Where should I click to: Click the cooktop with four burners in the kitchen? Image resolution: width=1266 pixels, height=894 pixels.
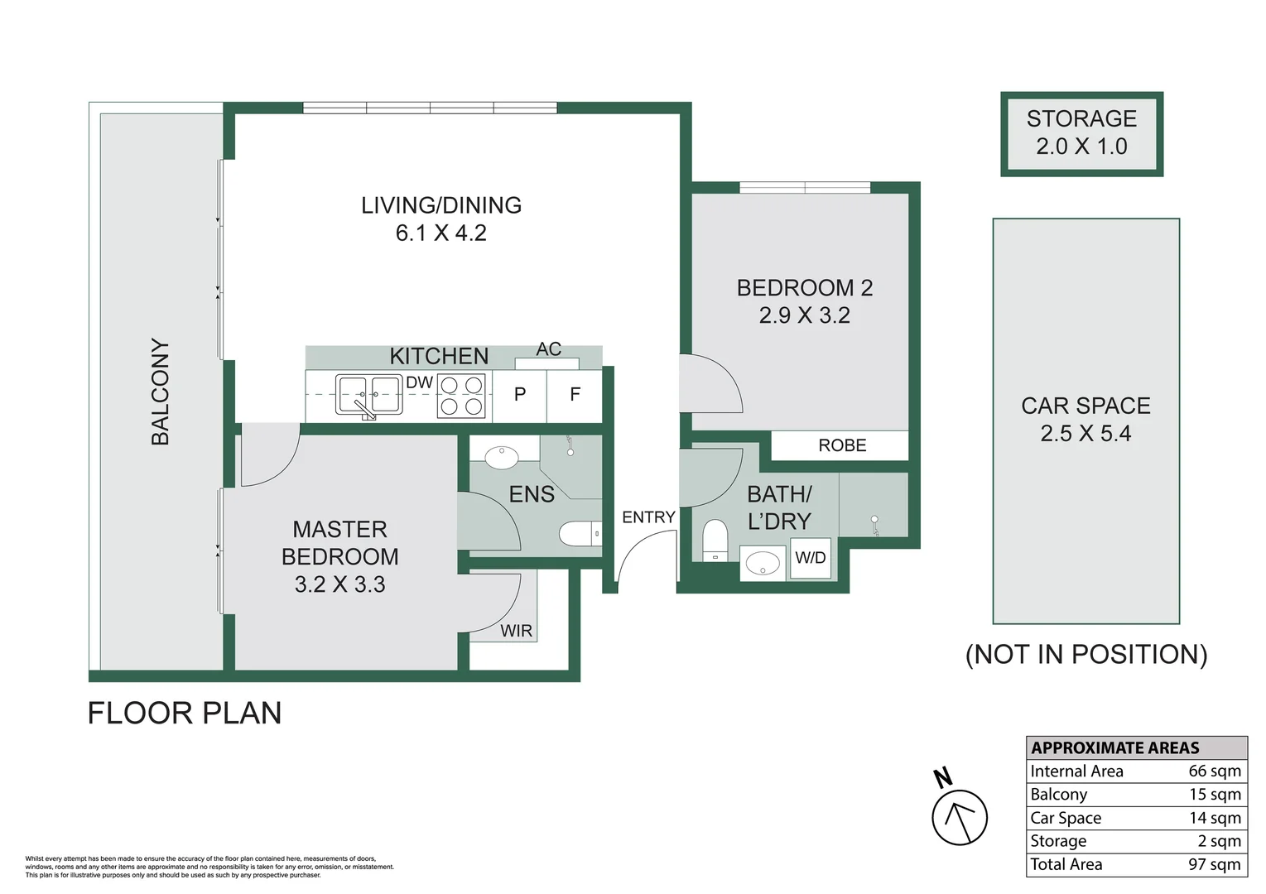click(461, 397)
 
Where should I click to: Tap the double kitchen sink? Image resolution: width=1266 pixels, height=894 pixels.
click(369, 395)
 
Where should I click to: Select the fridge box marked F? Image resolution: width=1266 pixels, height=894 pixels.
click(575, 396)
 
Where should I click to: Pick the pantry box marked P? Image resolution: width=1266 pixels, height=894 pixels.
click(520, 396)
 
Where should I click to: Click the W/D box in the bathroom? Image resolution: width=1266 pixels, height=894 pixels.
click(811, 558)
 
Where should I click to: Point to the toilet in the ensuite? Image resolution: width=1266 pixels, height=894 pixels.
click(580, 533)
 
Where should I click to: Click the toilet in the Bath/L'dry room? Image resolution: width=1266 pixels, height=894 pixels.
click(715, 541)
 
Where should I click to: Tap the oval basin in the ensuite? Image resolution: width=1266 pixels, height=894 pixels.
click(501, 457)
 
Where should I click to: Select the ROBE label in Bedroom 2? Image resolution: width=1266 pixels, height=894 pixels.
click(842, 445)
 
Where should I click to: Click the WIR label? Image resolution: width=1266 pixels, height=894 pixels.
click(516, 631)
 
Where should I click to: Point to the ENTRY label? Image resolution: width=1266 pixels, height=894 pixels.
click(649, 517)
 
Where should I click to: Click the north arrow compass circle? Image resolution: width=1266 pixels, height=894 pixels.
click(960, 818)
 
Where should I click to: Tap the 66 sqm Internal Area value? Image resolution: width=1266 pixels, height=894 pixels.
click(1215, 771)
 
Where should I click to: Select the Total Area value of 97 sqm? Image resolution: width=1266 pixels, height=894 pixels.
click(1215, 864)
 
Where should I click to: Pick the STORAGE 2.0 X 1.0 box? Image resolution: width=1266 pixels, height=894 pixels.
click(1081, 134)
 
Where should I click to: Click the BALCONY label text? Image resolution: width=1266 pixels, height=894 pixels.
click(160, 392)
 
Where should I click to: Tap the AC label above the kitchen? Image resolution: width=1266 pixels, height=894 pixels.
click(549, 348)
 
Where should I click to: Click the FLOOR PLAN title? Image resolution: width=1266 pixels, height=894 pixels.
click(185, 714)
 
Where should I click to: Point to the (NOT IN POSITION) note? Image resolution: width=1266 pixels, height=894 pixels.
click(1086, 655)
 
